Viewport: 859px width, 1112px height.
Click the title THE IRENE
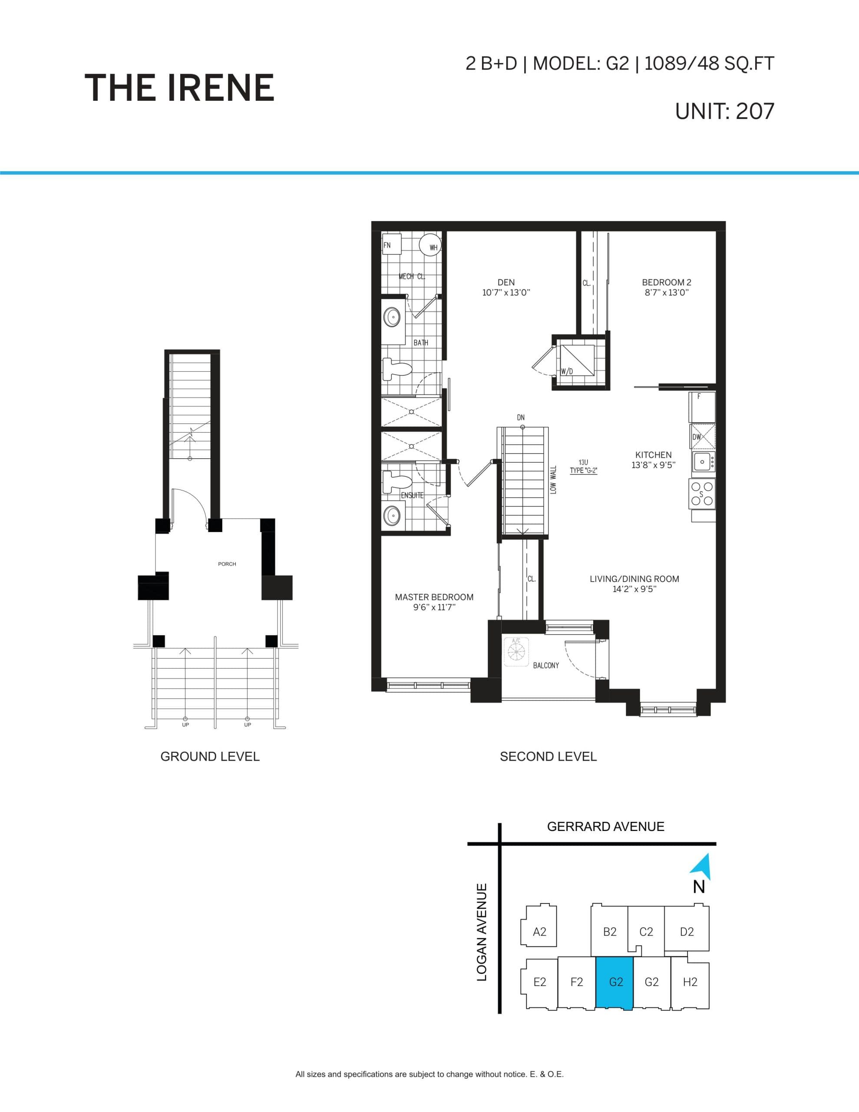point(179,88)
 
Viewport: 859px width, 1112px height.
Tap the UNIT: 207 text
point(724,111)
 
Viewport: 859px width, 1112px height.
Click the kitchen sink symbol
point(703,461)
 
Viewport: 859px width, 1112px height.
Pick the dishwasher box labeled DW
point(702,437)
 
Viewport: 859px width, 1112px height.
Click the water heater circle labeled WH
point(430,245)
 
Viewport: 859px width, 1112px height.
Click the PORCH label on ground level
point(227,564)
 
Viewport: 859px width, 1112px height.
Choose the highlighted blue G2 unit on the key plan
point(615,982)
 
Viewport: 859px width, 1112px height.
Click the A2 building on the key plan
point(539,932)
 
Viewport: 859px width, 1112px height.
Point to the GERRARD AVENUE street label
point(605,826)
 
